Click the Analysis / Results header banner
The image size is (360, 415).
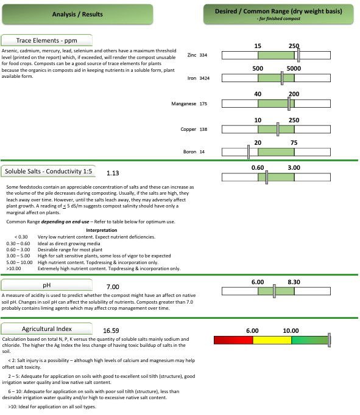(77, 14)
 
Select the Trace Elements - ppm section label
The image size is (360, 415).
(47, 40)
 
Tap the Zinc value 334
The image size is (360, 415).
(203, 55)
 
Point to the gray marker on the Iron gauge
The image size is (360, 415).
(282, 78)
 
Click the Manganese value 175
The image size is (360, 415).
(203, 103)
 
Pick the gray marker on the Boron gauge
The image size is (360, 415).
(248, 152)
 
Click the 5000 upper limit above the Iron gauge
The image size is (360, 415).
(294, 69)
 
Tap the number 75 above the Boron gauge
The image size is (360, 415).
(294, 143)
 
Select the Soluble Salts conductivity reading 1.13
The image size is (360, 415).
(113, 173)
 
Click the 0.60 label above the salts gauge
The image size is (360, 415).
(258, 168)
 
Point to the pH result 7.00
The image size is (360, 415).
(113, 287)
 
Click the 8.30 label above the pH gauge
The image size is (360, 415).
(294, 282)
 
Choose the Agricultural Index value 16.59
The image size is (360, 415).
(111, 331)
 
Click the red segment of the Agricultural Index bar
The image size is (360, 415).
(233, 340)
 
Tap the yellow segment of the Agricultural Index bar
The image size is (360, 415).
(272, 340)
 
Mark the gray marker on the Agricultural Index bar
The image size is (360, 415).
(330, 340)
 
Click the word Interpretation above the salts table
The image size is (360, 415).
(102, 230)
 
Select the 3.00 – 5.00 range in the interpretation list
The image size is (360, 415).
(18, 256)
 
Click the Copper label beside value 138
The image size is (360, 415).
(188, 129)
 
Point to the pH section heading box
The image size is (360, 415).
(47, 285)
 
